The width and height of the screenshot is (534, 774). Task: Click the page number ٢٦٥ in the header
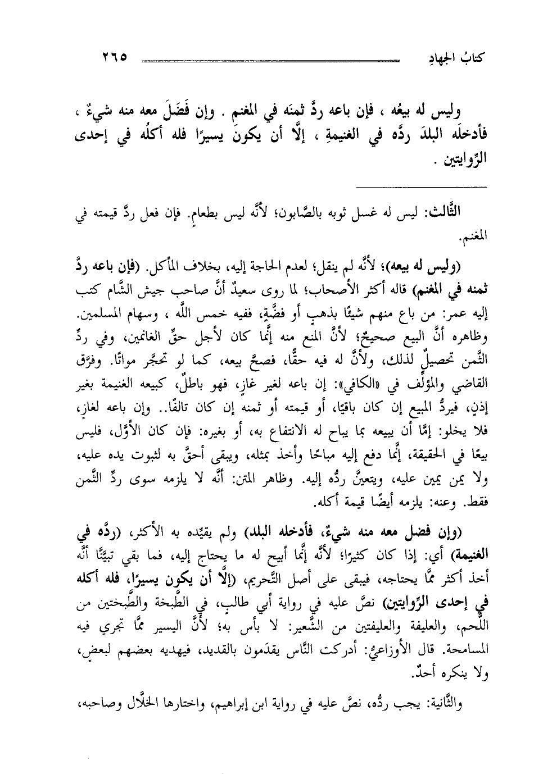point(115,57)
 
